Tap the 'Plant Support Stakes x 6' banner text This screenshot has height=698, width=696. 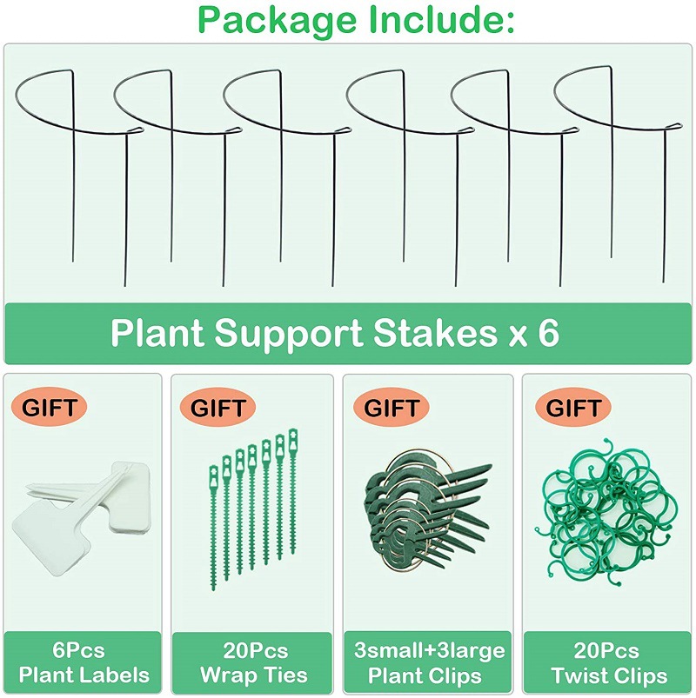(335, 334)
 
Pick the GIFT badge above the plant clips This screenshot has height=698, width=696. (391, 405)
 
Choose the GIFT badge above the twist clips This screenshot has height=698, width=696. (572, 405)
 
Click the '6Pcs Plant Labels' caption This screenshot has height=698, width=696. (84, 662)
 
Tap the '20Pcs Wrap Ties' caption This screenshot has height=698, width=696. (252, 662)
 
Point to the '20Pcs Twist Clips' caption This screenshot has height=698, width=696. (608, 662)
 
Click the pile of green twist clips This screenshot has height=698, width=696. (606, 509)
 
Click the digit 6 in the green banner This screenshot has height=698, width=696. (548, 334)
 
